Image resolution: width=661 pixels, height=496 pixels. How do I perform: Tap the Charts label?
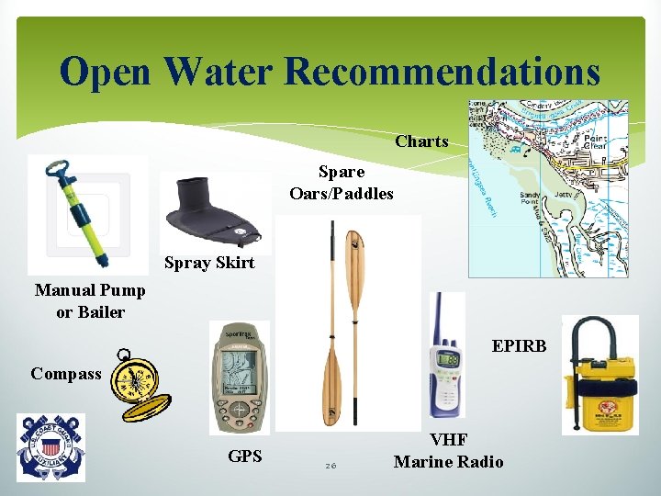coord(421,141)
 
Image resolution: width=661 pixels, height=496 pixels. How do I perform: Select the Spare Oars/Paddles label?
coord(342,182)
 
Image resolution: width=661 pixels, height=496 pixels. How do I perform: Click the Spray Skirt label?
coord(209,264)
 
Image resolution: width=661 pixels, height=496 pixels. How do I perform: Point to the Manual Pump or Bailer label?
coord(90,300)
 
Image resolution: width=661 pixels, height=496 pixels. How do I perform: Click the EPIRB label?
coord(519,345)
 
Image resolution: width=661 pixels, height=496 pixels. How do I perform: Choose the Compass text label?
coord(66,374)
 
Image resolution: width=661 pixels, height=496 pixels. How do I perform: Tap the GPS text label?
coord(244,455)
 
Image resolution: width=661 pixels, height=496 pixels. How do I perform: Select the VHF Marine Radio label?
coord(448,452)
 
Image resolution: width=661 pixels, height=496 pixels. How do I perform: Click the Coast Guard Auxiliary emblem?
coord(50,447)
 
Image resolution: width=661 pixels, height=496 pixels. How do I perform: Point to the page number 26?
coord(330,467)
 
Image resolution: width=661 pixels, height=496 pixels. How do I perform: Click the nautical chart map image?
coord(547,187)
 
